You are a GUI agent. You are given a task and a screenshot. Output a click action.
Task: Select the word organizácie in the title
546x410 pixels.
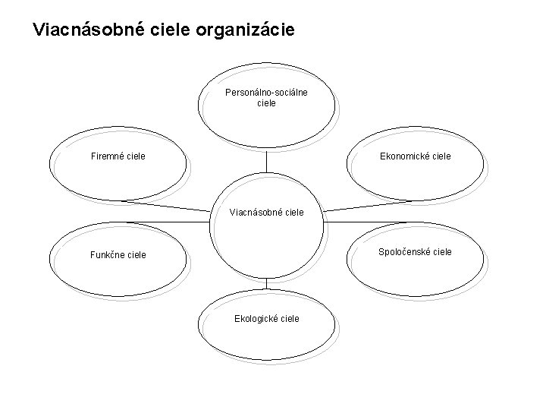click(x=250, y=30)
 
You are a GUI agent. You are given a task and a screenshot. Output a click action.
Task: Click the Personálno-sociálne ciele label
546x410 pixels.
click(x=266, y=97)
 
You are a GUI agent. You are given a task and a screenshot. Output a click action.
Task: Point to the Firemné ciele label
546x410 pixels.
click(x=118, y=156)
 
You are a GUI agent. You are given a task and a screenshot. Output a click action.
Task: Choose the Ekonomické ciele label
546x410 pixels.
click(x=416, y=156)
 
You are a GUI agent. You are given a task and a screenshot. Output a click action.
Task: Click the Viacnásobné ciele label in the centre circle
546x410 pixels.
click(x=266, y=213)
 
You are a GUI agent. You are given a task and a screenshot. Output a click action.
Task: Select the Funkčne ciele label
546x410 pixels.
click(x=118, y=254)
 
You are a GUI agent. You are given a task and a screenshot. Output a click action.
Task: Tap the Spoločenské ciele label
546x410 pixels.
click(x=416, y=251)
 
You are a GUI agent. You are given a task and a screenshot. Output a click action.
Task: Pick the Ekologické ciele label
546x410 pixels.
click(x=266, y=318)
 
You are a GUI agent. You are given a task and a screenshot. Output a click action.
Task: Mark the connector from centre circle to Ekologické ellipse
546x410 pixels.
click(x=267, y=283)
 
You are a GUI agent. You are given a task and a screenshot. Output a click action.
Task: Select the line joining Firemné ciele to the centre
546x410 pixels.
click(x=167, y=205)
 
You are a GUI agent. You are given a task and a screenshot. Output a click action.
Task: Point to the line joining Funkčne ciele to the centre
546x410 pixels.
click(x=167, y=222)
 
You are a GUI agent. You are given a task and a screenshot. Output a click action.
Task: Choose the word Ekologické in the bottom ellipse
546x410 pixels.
click(x=256, y=318)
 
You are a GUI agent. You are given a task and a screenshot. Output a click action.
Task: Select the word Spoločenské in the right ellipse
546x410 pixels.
click(x=403, y=251)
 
